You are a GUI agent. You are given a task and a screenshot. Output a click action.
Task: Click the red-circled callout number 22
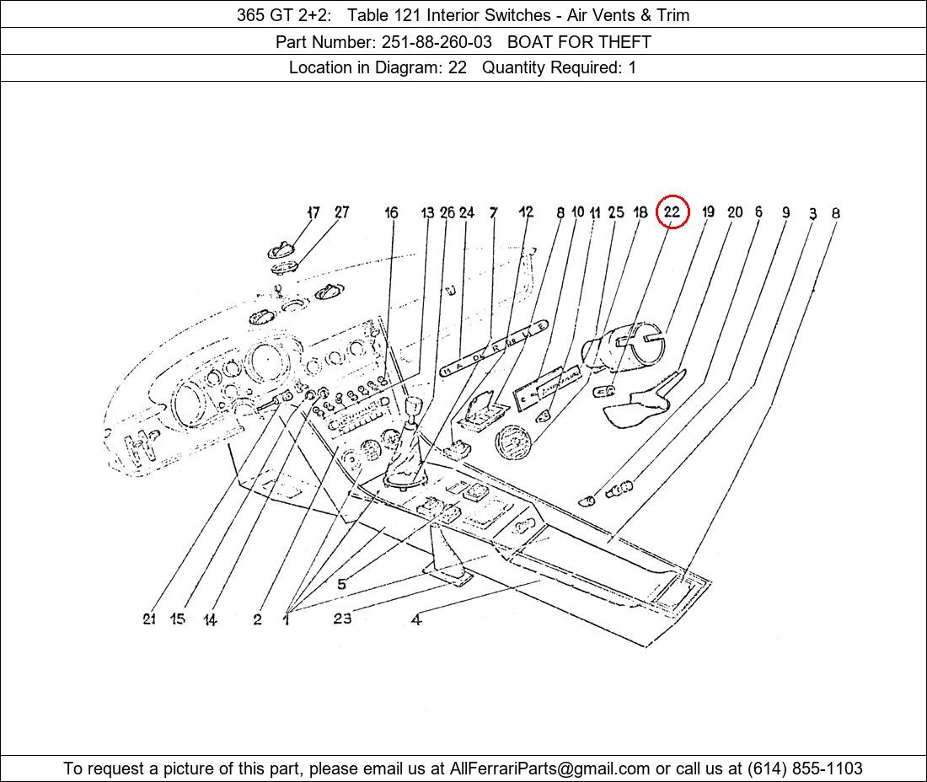coord(672,212)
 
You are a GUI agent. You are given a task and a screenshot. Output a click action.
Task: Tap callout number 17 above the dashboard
coord(313,212)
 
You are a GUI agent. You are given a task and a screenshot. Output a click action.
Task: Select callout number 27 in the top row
coord(341,212)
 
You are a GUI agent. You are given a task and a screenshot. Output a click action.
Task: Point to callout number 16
coord(391,212)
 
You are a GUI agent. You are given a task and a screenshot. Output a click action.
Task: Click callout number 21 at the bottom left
coord(149,619)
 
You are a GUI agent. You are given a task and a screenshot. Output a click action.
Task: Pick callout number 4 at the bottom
coord(416,619)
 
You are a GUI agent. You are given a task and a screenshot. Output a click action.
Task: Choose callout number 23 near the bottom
coord(342,619)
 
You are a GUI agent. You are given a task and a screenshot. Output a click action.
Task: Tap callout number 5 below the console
coord(341,584)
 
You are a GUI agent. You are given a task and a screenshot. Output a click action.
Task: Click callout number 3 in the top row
coord(813,213)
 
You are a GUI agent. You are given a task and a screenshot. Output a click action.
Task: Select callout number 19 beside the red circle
coord(708,212)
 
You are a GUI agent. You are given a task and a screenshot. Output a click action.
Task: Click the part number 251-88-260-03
coord(437,42)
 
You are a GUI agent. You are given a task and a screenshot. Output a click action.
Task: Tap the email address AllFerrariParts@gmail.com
coord(549,769)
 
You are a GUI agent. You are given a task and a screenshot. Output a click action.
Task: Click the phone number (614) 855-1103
coord(805,769)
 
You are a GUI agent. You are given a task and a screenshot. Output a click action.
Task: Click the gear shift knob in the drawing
coord(413,407)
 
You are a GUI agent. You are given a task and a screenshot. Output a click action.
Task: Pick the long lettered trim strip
coord(494,349)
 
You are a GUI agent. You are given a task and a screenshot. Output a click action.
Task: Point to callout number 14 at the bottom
coord(210,619)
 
